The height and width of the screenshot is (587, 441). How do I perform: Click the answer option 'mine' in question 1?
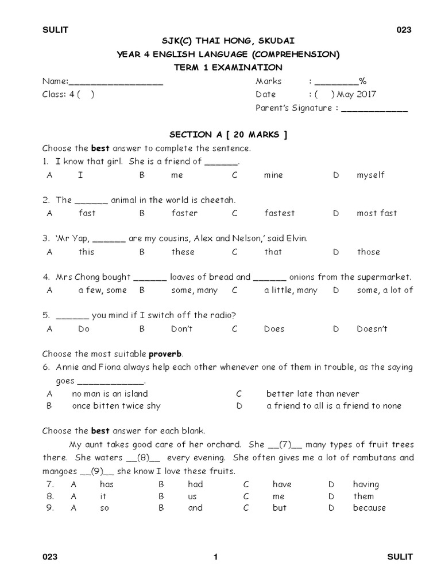[x=273, y=175]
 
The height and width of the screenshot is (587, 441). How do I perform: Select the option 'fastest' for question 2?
[x=279, y=213]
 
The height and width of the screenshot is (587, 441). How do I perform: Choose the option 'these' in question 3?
[x=183, y=252]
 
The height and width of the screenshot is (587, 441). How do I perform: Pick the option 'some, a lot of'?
[x=384, y=290]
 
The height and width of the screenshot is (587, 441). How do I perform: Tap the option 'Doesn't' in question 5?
[x=372, y=329]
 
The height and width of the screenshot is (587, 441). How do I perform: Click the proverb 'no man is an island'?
[x=110, y=394]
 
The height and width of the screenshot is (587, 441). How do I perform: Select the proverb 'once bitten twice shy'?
[x=116, y=406]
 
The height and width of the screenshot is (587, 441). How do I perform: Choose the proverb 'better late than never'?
[x=312, y=394]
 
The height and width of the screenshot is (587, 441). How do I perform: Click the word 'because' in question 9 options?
[x=369, y=508]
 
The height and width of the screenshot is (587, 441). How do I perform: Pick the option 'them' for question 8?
[x=363, y=496]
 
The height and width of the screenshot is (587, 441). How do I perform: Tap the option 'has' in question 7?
[x=107, y=484]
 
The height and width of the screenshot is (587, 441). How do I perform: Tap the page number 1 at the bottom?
[x=215, y=557]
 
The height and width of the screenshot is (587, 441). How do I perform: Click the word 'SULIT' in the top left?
[x=55, y=30]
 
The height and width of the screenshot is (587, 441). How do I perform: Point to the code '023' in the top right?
[x=404, y=30]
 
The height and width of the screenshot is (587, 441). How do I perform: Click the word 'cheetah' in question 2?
[x=219, y=200]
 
